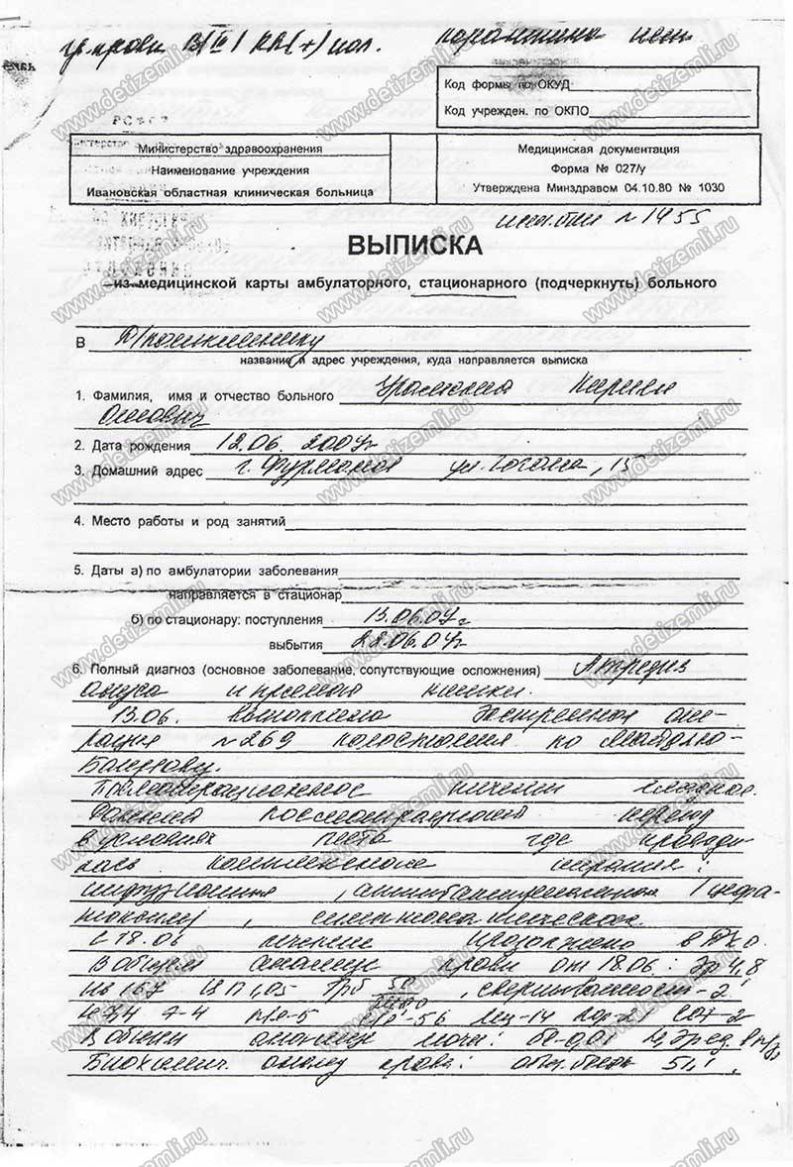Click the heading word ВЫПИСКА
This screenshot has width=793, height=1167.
tap(414, 246)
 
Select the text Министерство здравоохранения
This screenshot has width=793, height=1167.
tap(230, 149)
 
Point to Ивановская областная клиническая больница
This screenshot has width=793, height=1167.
tap(230, 189)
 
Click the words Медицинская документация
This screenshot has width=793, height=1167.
tap(598, 149)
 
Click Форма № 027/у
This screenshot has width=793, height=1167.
tap(598, 167)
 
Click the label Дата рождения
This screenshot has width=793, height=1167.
tap(134, 446)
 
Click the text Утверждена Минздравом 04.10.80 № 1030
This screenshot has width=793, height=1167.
tap(598, 186)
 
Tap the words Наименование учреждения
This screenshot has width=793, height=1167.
tap(230, 169)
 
